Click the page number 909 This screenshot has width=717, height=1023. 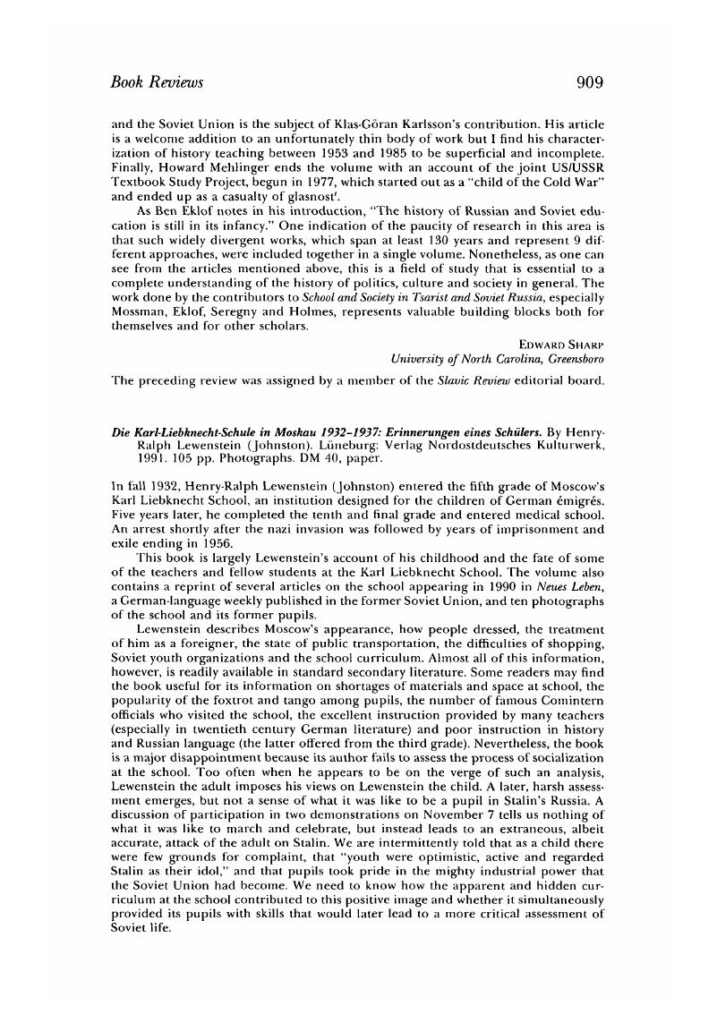click(591, 83)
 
